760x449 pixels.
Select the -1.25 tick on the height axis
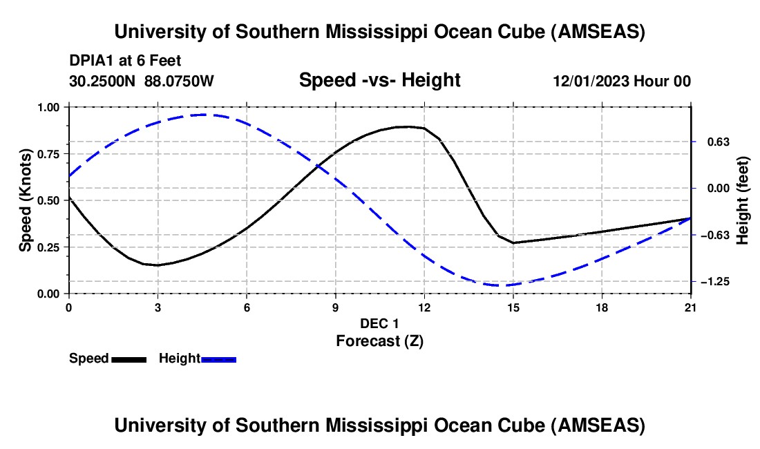point(715,282)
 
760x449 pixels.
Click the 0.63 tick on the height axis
point(719,142)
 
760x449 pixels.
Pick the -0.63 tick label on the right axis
point(715,236)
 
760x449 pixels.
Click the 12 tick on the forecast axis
point(425,308)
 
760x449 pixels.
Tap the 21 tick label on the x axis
point(691,308)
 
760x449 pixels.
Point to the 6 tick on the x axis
point(247,308)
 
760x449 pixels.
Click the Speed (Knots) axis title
point(25,200)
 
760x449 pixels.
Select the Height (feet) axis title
point(742,200)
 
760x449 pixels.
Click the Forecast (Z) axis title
point(380,341)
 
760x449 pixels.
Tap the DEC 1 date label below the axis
point(379,323)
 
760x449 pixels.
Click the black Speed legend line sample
point(129,359)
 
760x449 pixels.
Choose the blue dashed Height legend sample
point(218,359)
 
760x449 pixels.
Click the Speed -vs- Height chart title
point(380,80)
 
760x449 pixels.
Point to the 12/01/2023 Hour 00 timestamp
point(622,81)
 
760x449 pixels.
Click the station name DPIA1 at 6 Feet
point(125,61)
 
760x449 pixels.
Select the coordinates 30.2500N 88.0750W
point(142,81)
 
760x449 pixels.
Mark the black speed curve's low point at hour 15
point(513,242)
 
